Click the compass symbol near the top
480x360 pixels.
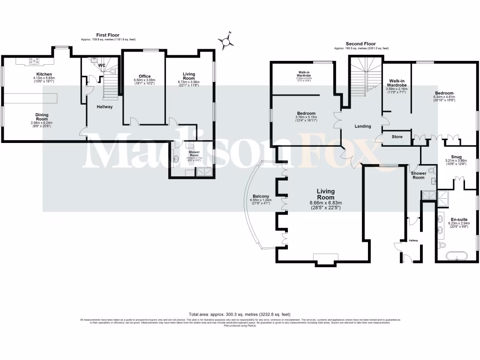[227, 42]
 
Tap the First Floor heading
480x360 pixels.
[108, 35]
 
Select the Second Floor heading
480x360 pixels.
[360, 43]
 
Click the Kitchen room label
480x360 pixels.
[45, 74]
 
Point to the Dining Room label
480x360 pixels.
[42, 117]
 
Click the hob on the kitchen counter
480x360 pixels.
[35, 60]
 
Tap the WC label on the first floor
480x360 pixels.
[101, 65]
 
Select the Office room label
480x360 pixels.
[144, 76]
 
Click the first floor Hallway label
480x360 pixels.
[105, 107]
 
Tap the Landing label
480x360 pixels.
[363, 126]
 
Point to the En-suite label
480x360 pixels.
[458, 219]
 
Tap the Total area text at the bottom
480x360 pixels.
[240, 314]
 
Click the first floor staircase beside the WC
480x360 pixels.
[110, 84]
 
